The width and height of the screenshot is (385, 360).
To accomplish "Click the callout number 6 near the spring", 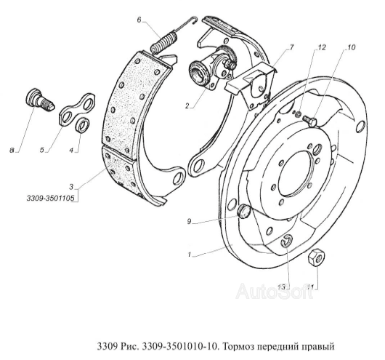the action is pos(139,20).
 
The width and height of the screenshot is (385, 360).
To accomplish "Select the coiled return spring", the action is pos(172,33).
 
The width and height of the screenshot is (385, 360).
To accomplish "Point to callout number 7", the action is pos(291,47).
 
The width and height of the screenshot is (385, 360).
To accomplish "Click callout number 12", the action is pos(321,47).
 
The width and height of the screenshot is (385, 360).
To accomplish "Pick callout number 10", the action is pos(351,47).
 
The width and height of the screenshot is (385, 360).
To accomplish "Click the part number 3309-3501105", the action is pos(50,198).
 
